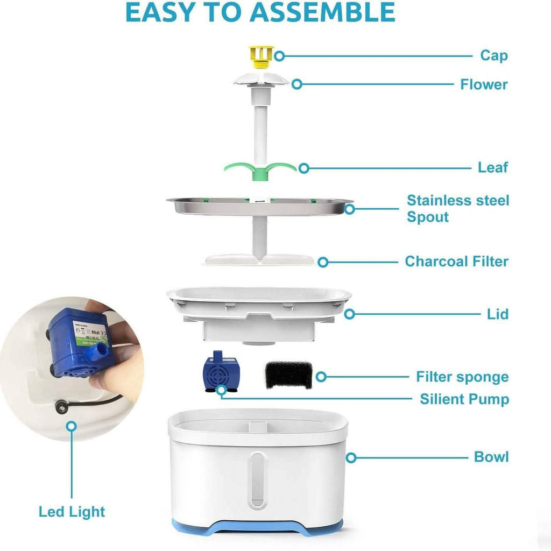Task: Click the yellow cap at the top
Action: tap(261, 56)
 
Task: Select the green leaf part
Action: tap(260, 170)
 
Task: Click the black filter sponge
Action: tap(289, 375)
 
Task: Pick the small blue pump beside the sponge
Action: tap(220, 372)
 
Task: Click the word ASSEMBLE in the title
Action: tap(323, 12)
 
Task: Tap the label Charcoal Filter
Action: tap(456, 262)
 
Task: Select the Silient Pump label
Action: tap(464, 399)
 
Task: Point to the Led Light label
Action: tap(72, 512)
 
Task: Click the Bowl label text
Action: tap(491, 457)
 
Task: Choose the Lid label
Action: tap(498, 314)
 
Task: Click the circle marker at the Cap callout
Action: tap(279, 56)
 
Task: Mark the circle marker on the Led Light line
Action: tap(72, 426)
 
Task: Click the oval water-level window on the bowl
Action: tap(257, 479)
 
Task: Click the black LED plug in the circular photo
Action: tap(61, 408)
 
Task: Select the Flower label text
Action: tap(484, 84)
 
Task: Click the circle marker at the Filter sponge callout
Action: tap(321, 377)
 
